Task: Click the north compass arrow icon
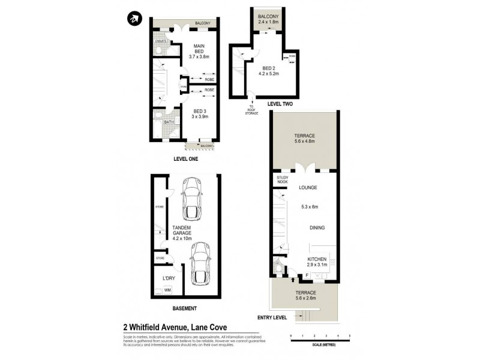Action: (x=133, y=19)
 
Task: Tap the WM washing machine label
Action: (x=167, y=290)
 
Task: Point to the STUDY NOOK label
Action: (x=283, y=180)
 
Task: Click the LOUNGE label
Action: (x=308, y=188)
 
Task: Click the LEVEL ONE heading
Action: (x=185, y=160)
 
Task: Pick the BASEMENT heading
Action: (x=184, y=308)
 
